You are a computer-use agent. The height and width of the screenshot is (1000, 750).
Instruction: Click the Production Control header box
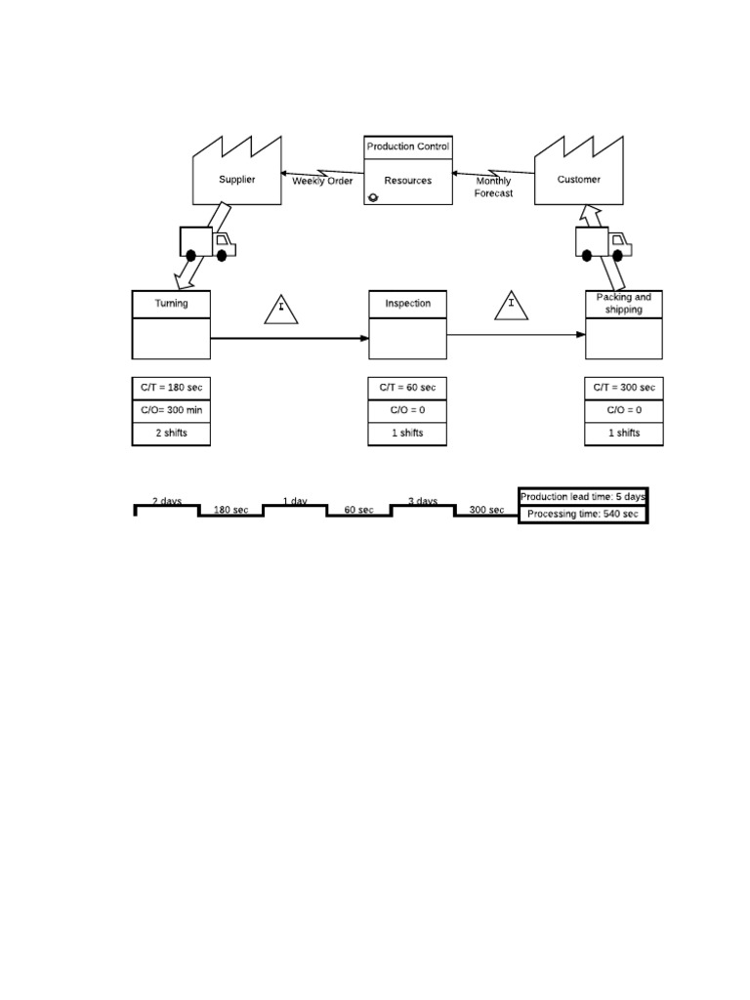tap(408, 147)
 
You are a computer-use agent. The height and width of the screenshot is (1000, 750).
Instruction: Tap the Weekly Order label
tap(322, 181)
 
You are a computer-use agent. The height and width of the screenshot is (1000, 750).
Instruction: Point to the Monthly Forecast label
tap(493, 187)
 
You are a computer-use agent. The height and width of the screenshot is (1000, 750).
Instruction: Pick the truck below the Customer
tap(603, 242)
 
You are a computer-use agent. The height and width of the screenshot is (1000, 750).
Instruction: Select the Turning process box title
tap(171, 304)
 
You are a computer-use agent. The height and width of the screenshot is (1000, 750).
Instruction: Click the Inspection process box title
tap(408, 304)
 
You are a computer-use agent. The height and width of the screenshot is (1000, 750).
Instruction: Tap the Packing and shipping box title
tap(624, 304)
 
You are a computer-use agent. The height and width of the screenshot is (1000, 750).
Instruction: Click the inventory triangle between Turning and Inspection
tap(281, 309)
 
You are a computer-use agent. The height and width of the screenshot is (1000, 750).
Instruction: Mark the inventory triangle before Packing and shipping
tap(511, 305)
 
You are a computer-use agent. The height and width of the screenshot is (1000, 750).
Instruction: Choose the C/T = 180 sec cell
tap(171, 388)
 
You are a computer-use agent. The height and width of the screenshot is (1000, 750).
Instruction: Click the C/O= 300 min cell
tap(171, 410)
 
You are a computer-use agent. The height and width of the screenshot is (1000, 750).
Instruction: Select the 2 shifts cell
tap(171, 433)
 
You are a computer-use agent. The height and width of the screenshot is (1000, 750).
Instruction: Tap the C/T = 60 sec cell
tap(408, 388)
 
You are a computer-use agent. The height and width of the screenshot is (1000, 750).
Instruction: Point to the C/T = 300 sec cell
tap(624, 388)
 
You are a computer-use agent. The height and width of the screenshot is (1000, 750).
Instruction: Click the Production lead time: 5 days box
tap(582, 496)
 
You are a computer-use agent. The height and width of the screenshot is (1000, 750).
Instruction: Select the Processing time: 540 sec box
tap(582, 514)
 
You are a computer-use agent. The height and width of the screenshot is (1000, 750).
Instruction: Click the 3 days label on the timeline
tap(422, 501)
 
